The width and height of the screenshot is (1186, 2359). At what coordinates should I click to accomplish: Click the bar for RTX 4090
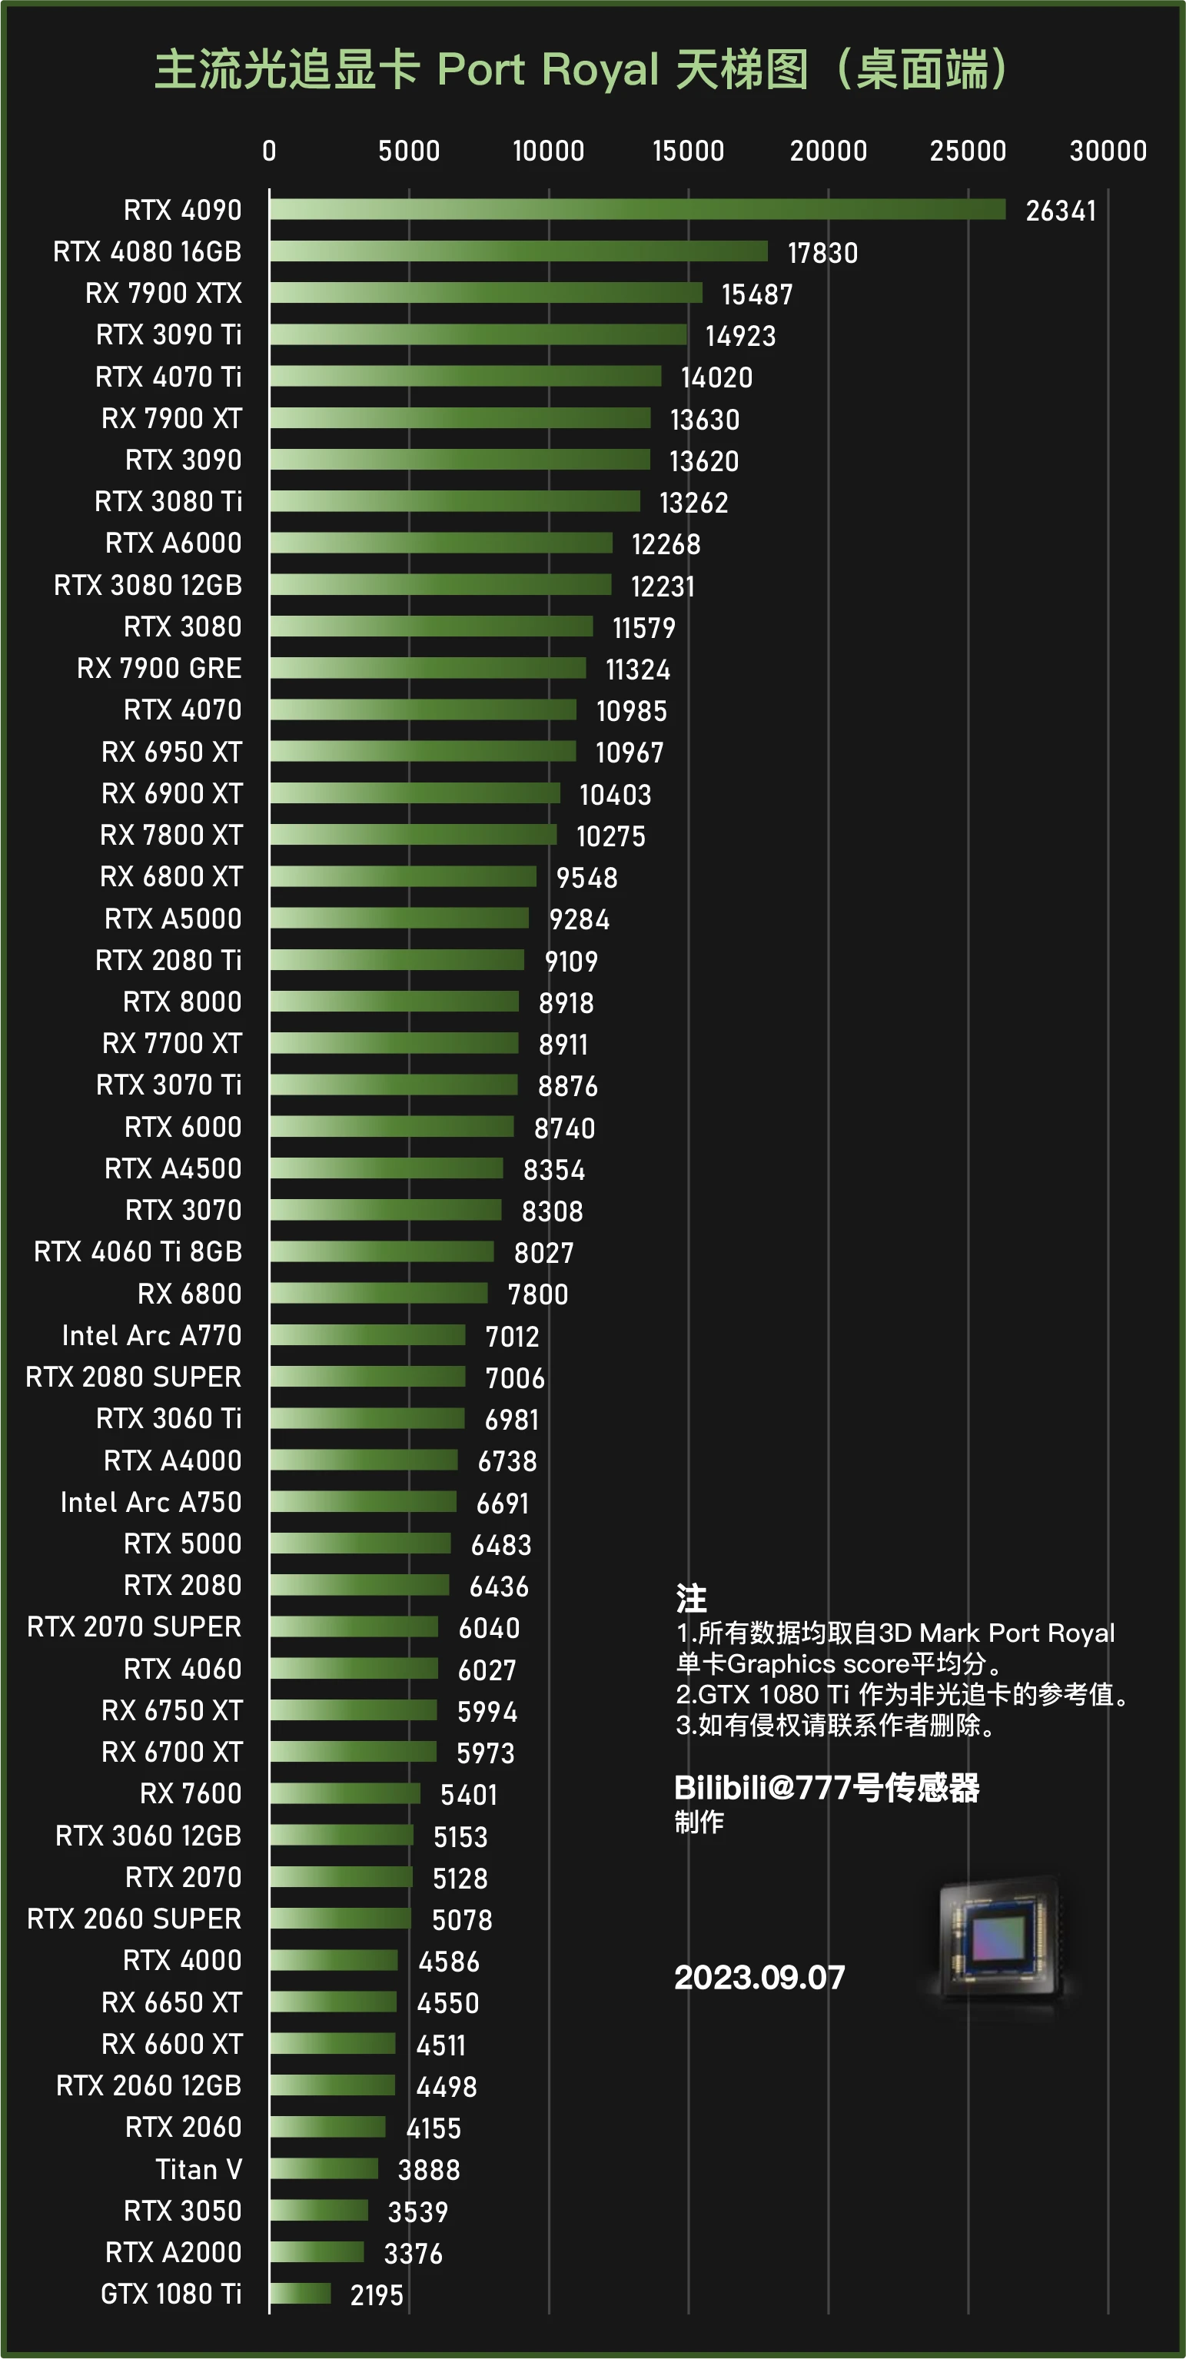tap(636, 210)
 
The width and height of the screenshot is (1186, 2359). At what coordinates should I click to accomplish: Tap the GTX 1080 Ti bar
tap(301, 2293)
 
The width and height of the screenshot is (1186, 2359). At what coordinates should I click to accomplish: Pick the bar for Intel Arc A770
tap(367, 1335)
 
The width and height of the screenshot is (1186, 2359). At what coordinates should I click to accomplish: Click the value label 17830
tap(822, 253)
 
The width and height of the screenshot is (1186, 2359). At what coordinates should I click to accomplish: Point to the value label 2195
tap(377, 2295)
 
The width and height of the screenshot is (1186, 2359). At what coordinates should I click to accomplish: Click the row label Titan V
tap(199, 2169)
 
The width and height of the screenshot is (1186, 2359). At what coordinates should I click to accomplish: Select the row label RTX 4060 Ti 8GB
tap(138, 1252)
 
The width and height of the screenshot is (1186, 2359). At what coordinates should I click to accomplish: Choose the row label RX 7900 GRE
tap(159, 669)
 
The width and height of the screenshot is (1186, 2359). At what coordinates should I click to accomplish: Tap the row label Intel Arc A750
tap(151, 1502)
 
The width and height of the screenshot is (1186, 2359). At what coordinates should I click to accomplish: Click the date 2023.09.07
tap(759, 1978)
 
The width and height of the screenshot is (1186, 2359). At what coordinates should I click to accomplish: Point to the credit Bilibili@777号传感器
tap(826, 1788)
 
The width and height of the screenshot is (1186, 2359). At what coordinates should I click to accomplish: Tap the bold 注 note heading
tap(690, 1599)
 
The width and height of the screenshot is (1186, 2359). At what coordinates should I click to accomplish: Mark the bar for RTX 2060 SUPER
tap(340, 1919)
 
